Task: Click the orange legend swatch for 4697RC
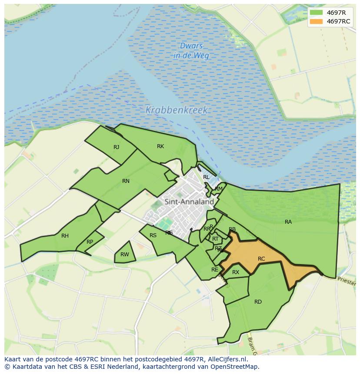click(x=317, y=21)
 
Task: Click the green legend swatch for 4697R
click(x=317, y=13)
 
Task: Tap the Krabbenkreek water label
click(x=177, y=110)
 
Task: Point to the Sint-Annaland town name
click(x=189, y=202)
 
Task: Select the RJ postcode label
click(x=116, y=147)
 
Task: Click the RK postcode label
click(x=160, y=146)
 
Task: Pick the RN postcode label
click(x=126, y=181)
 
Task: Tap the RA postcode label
click(x=288, y=222)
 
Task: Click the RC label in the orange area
click(x=261, y=259)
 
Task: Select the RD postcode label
click(x=258, y=302)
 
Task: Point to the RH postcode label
click(x=65, y=236)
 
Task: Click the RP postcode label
click(x=90, y=242)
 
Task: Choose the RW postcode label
click(x=125, y=255)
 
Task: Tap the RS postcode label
click(x=153, y=235)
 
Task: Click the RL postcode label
click(x=206, y=177)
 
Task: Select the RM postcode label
click(x=219, y=189)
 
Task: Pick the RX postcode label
click(x=236, y=272)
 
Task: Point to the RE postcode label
click(x=215, y=270)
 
